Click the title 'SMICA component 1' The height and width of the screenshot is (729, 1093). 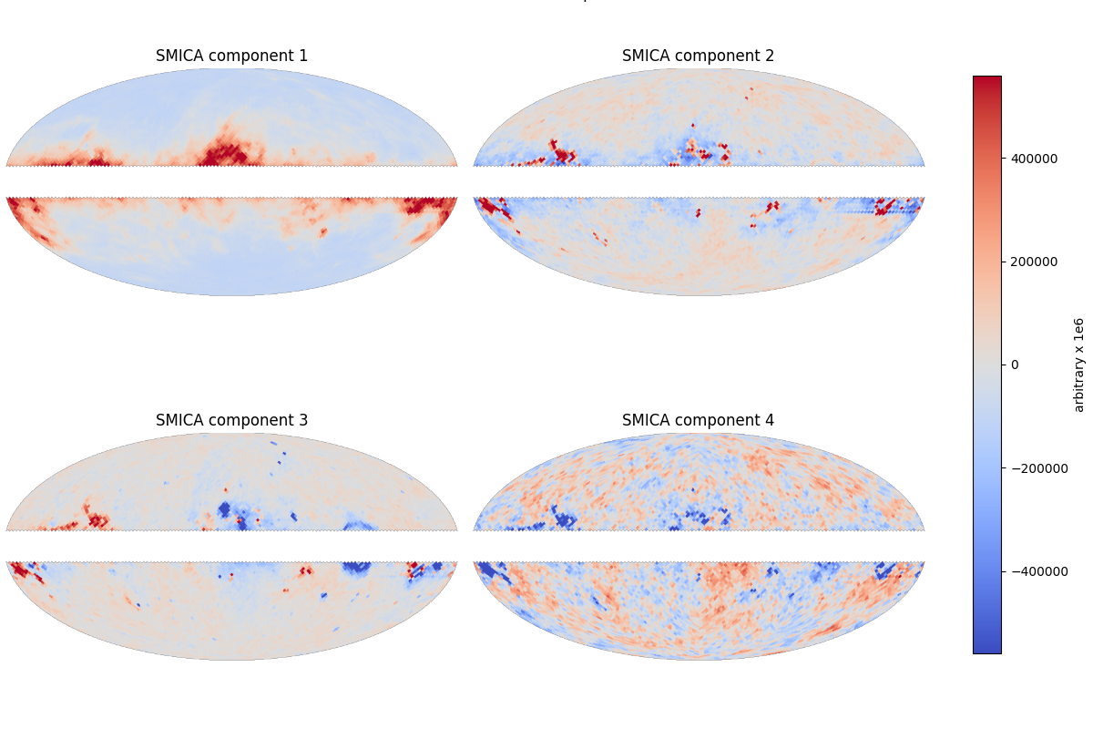point(231,56)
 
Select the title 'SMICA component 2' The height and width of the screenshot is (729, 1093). point(698,56)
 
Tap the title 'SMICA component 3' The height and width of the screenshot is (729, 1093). point(231,421)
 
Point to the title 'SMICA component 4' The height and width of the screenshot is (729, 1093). point(698,421)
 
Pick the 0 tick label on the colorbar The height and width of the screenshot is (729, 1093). point(1016,364)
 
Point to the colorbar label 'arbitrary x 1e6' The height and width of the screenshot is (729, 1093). point(1079,364)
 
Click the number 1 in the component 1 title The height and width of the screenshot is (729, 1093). point(303,56)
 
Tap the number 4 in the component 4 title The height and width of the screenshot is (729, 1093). point(770,421)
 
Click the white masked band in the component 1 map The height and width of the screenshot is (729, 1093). point(231,181)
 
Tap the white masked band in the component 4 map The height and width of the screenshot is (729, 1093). point(698,546)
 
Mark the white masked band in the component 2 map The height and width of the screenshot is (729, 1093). point(698,181)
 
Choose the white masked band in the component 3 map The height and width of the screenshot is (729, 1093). point(231,546)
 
